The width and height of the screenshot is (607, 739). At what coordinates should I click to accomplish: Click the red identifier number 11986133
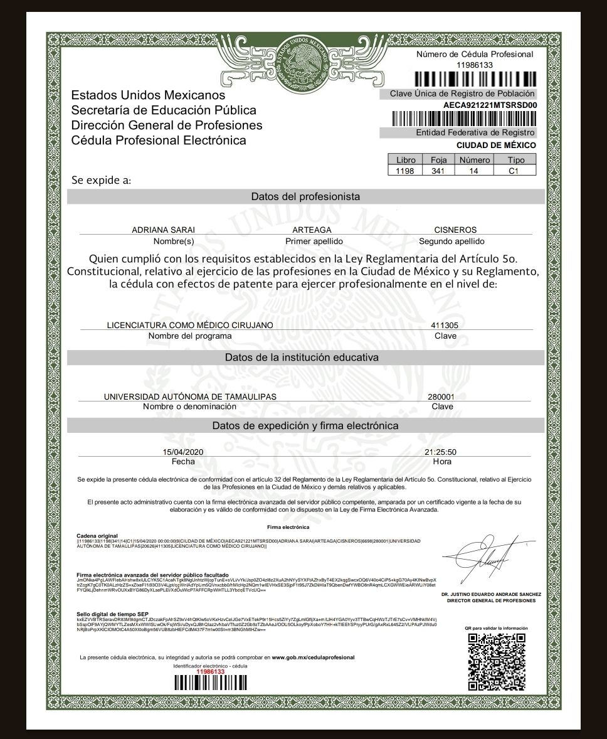point(211,671)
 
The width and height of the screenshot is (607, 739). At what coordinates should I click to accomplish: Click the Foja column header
point(438,161)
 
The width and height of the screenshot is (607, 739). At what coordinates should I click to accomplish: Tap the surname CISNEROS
point(455,230)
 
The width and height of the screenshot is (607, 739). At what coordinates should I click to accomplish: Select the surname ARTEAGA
point(312,230)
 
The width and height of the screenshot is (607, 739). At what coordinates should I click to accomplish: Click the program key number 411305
point(445,326)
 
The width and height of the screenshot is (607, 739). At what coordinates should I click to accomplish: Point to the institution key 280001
point(441,397)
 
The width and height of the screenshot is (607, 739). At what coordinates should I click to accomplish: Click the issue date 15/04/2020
point(182,452)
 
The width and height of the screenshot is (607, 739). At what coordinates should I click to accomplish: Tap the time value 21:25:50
point(440,452)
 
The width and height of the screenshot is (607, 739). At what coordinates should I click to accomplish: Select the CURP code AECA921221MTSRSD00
point(490,105)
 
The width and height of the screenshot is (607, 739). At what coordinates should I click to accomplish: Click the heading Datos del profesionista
point(305,196)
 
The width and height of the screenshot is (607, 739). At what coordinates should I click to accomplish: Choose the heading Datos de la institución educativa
point(305,358)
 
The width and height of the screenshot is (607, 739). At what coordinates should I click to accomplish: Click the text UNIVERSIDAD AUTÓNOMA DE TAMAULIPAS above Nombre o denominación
point(189,397)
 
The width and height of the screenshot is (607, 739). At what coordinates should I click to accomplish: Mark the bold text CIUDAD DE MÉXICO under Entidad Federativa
point(495,145)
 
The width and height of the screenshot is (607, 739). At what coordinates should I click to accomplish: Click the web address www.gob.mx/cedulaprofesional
point(313,657)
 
